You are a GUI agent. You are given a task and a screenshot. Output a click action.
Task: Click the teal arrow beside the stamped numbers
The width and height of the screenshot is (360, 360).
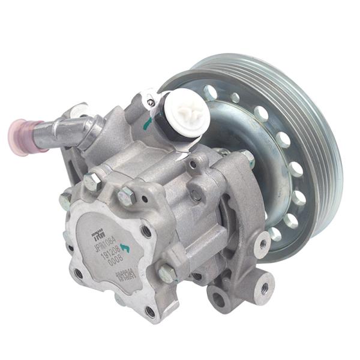tap(125, 247)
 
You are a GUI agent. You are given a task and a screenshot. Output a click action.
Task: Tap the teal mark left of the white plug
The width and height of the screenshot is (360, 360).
tap(147, 125)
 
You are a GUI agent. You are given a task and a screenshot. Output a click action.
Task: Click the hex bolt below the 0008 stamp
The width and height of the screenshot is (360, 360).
tap(166, 273)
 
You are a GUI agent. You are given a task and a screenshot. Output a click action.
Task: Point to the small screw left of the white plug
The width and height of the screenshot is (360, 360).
tap(151, 103)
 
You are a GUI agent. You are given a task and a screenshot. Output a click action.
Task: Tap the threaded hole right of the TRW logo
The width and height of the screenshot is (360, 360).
tap(146, 230)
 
